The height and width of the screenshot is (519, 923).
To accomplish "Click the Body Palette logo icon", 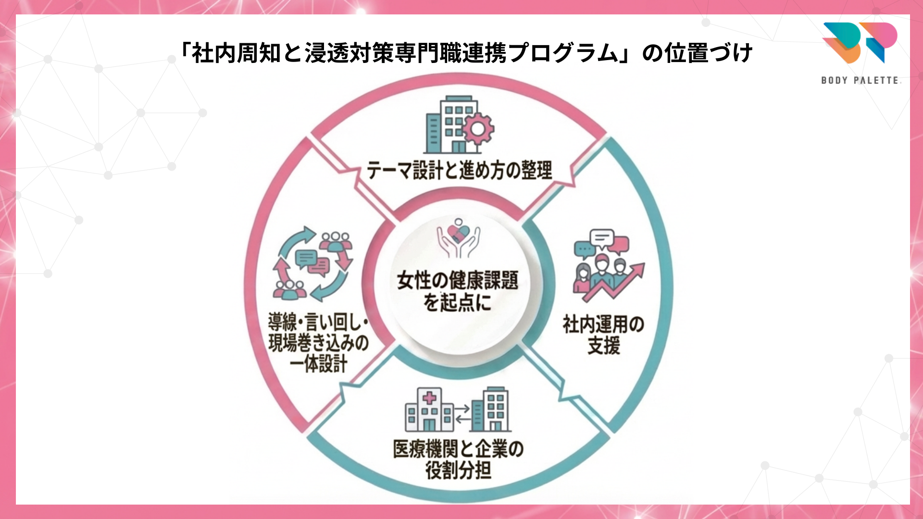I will coord(860,42).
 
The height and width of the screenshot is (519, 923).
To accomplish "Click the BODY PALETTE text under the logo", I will coord(860,80).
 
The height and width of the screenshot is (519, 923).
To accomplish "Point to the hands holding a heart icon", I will coord(458,237).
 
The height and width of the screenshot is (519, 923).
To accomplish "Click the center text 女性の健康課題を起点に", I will coord(458,291).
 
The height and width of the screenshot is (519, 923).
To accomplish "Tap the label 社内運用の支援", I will coord(603,335).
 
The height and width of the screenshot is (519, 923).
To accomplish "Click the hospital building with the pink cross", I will coord(429,411).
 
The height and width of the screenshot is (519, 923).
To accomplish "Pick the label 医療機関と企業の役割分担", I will coord(458,459).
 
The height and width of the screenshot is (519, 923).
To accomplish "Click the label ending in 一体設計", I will coord(318,343).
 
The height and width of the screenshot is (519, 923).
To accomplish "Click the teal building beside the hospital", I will coord(491,409).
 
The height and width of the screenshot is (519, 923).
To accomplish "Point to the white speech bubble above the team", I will coord(601,237).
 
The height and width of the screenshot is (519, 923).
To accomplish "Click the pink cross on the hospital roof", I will coord(429,397).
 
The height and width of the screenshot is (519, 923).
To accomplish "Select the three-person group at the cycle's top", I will coord(336,240).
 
